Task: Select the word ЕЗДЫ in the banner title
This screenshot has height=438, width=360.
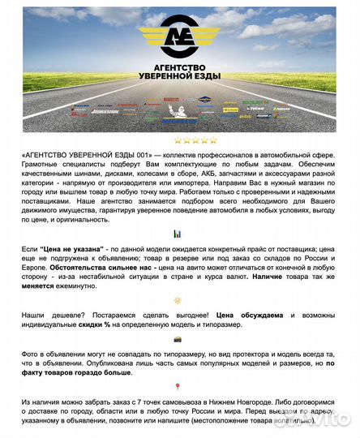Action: pos(208,76)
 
